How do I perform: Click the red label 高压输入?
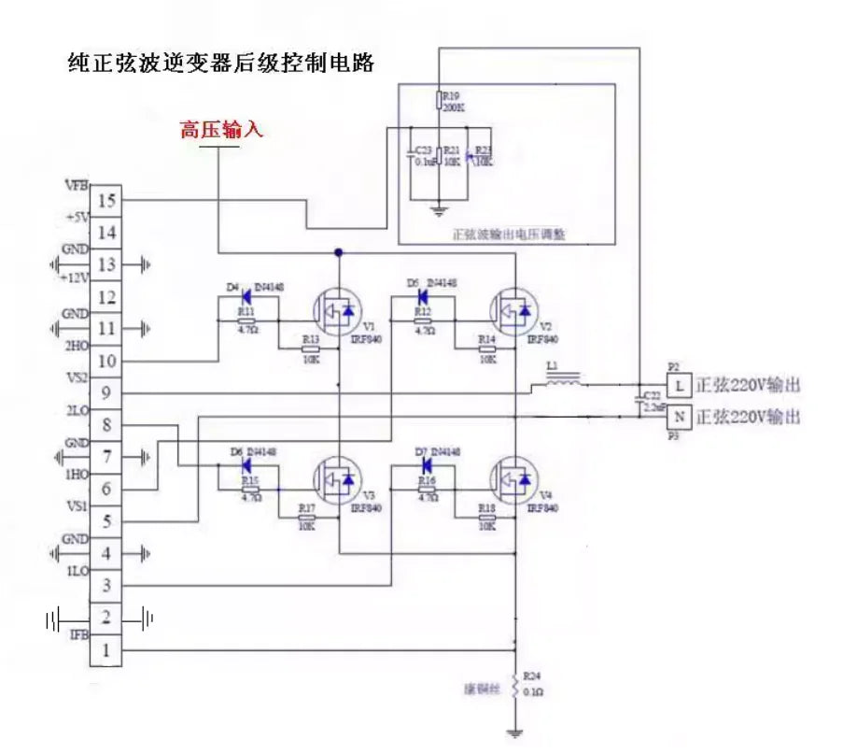click(222, 131)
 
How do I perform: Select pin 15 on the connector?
click(107, 201)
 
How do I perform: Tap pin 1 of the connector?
click(107, 650)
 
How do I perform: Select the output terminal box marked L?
click(680, 384)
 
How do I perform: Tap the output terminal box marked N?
click(680, 418)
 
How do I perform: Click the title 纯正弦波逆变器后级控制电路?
click(222, 63)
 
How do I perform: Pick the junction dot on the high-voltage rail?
click(338, 252)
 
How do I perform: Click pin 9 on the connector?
click(107, 393)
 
